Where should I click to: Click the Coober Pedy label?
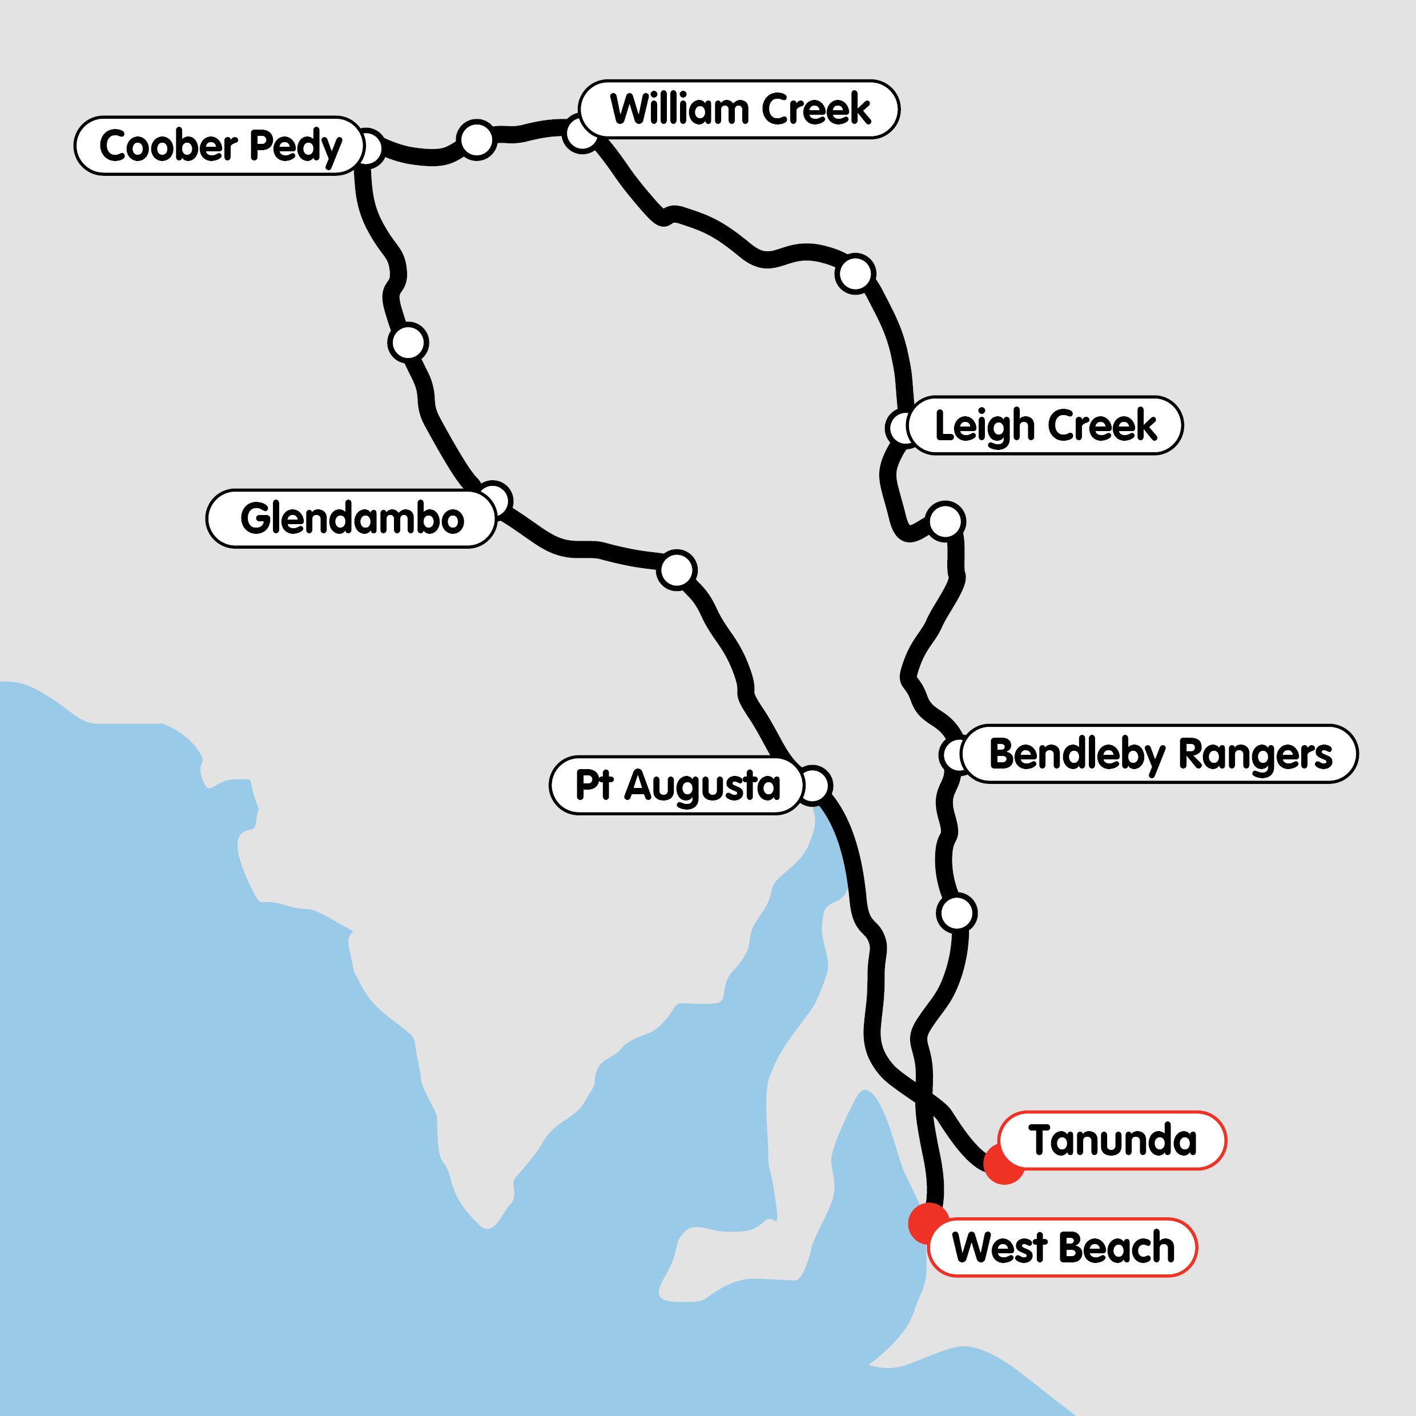click(219, 146)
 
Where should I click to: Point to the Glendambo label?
click(352, 519)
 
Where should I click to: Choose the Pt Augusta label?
click(677, 786)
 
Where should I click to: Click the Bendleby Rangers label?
click(1160, 754)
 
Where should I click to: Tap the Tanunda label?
click(1113, 1140)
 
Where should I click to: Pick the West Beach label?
click(1063, 1248)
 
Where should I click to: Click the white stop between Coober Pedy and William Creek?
click(476, 139)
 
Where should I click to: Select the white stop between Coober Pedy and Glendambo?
click(408, 342)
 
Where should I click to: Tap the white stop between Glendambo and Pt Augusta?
click(677, 569)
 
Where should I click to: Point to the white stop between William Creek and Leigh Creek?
click(855, 274)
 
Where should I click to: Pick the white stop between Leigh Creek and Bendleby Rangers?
click(946, 521)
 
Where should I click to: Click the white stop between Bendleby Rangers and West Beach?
click(956, 913)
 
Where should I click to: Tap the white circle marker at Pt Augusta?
click(814, 786)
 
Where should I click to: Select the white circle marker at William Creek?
click(581, 134)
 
